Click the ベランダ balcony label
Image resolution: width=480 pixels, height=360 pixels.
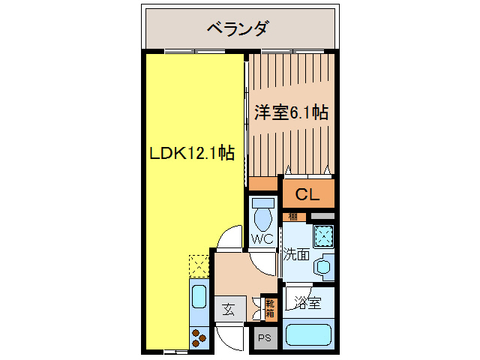point(238,29)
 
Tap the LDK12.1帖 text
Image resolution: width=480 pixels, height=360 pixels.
point(191,154)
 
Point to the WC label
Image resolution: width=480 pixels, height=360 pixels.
point(262,240)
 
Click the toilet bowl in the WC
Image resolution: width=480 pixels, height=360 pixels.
point(262,217)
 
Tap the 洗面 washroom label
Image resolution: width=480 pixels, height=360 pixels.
point(296,254)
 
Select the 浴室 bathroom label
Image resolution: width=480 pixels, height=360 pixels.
point(307,303)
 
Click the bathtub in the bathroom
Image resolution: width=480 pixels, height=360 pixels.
point(309,333)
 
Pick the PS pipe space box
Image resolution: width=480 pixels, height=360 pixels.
point(264,337)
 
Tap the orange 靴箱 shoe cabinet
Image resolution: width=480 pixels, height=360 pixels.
point(270,307)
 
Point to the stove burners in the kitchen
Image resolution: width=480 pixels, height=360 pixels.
point(199,337)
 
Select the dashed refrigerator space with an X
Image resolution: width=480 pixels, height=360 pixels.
point(198,266)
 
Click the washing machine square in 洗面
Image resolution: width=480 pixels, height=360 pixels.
point(323,235)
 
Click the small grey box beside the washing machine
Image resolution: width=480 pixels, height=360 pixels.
point(323,216)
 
